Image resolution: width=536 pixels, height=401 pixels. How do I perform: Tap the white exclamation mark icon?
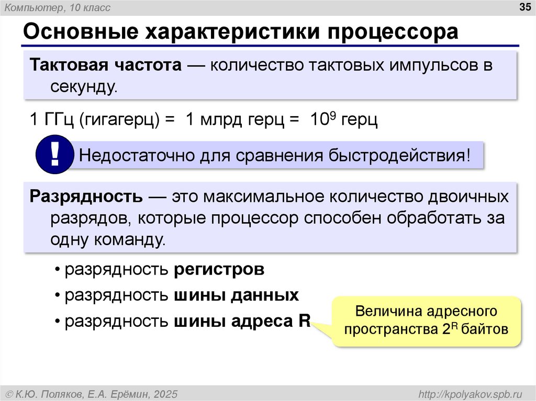pos(54,154)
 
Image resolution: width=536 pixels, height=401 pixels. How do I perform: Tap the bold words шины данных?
pos(236,295)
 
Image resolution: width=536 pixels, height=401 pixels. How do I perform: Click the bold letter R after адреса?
pos(304,320)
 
